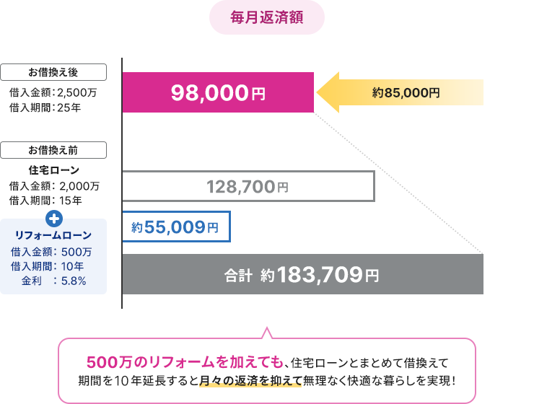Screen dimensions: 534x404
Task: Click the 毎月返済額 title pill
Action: click(x=267, y=17)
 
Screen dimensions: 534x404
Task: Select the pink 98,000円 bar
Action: click(x=218, y=92)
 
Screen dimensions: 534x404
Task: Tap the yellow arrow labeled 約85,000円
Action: click(x=400, y=92)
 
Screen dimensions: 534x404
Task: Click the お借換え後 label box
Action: click(x=53, y=72)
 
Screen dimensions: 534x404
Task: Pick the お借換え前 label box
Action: click(x=53, y=150)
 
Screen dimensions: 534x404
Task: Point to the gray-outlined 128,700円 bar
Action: click(x=248, y=186)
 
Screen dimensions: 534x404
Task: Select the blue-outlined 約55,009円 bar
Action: click(x=176, y=227)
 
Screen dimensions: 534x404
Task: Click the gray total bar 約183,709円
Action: click(x=303, y=274)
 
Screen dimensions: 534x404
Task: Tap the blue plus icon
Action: click(x=54, y=219)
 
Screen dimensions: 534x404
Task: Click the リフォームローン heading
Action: click(x=53, y=235)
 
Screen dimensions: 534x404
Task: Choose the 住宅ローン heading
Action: click(x=54, y=170)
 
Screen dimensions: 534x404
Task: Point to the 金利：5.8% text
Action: click(x=53, y=281)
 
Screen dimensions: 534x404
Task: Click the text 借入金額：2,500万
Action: click(x=53, y=92)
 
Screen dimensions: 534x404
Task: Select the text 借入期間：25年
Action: click(x=45, y=107)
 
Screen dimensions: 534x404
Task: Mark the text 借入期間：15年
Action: click(x=45, y=201)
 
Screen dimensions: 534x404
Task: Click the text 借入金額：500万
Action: click(x=51, y=252)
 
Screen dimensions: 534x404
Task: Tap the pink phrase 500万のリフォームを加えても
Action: click(x=185, y=362)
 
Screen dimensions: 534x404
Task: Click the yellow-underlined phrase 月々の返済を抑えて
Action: click(x=250, y=381)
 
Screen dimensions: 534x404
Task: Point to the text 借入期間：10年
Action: click(x=47, y=266)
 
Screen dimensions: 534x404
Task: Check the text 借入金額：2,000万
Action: click(x=55, y=186)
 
